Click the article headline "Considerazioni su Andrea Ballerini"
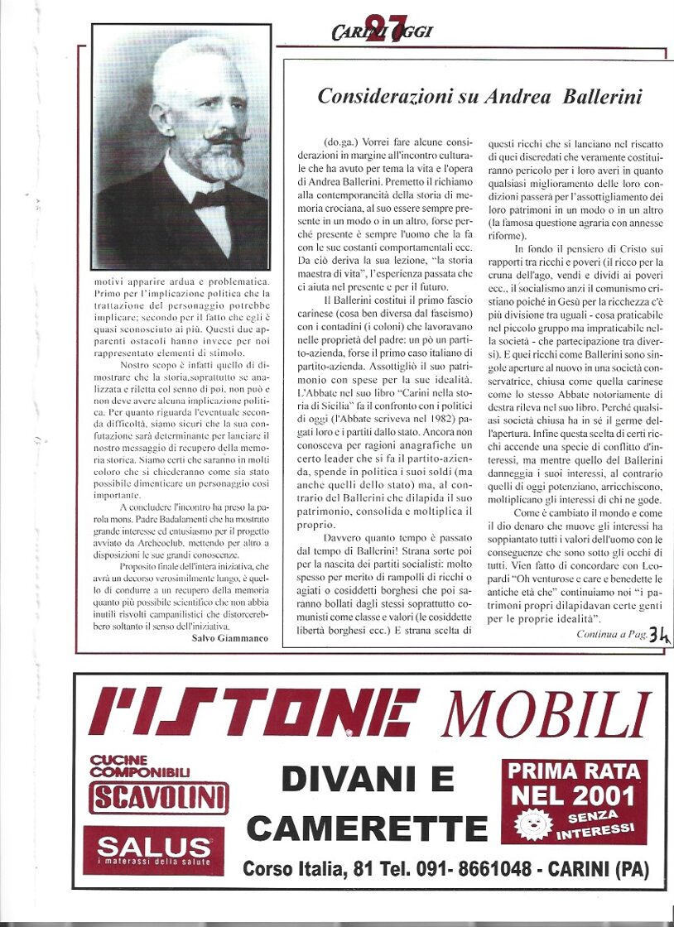coord(479,96)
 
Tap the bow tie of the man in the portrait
coord(209,198)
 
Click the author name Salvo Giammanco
coord(230,638)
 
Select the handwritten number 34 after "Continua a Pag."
coord(659,634)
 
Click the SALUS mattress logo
coord(153,848)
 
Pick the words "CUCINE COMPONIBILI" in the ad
coord(140,766)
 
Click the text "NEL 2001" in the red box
coord(573,796)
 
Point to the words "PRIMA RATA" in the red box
coord(573,771)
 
